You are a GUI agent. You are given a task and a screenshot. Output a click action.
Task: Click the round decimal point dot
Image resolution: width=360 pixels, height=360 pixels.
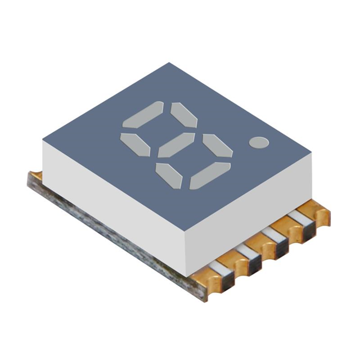click(259, 143)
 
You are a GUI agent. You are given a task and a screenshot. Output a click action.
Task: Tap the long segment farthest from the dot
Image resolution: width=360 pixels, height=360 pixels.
click(143, 116)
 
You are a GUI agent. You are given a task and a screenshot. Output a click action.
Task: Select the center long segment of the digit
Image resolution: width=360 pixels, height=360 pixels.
click(176, 145)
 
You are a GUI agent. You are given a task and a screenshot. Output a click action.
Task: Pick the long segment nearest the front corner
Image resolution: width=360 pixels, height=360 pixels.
click(210, 175)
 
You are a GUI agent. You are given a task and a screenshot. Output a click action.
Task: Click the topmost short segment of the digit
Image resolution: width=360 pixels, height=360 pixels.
click(184, 115)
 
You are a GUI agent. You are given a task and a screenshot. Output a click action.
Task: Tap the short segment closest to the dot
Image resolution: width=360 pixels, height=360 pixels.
click(218, 146)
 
